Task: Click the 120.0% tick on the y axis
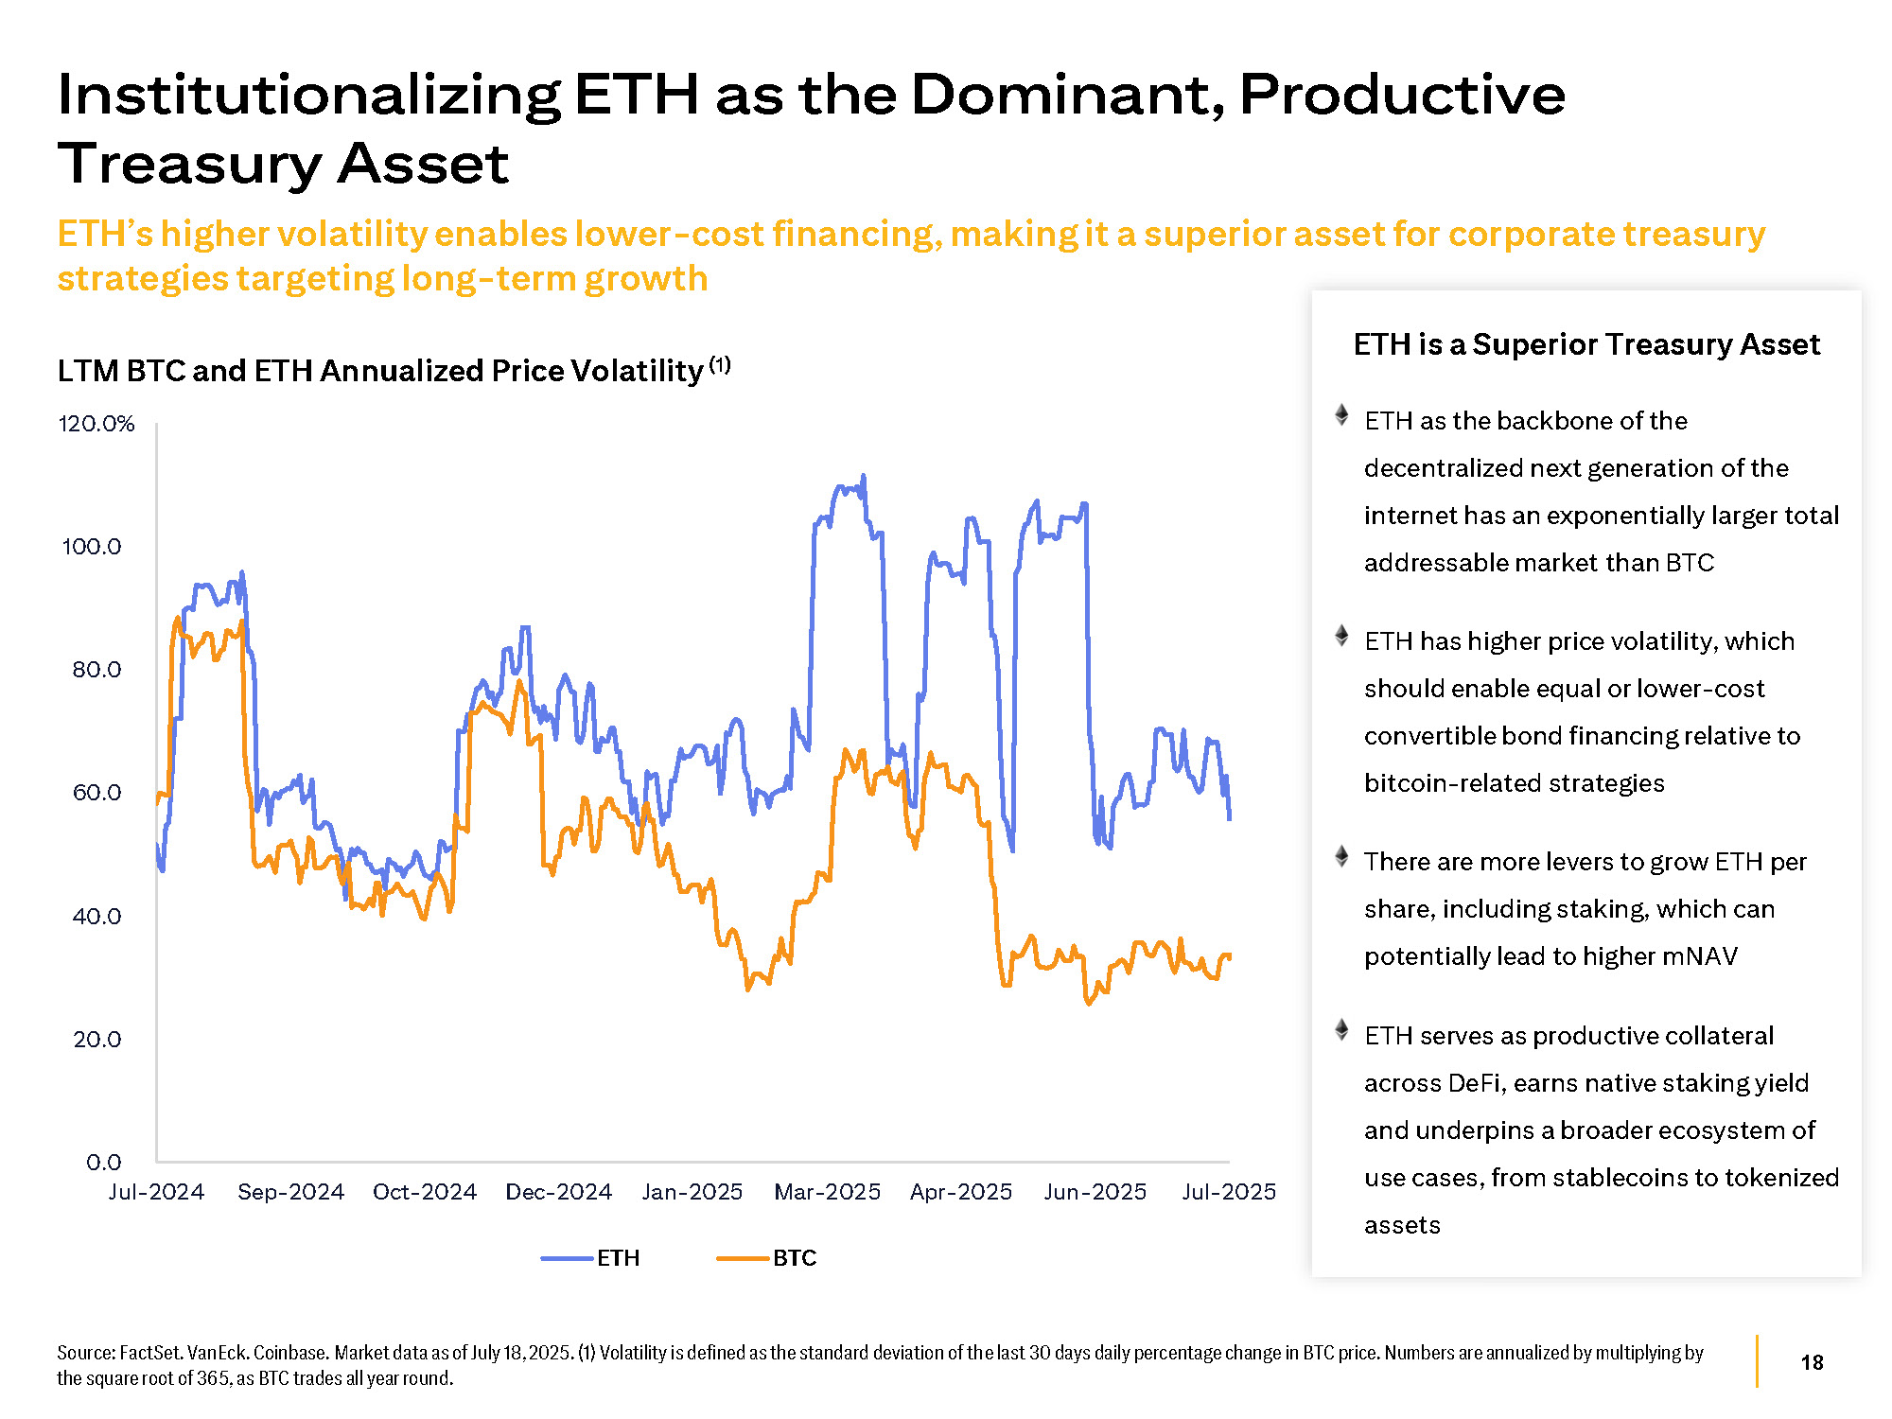(x=96, y=424)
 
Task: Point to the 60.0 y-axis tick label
(x=96, y=793)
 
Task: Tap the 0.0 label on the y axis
(x=103, y=1163)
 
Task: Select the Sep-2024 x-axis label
(x=290, y=1192)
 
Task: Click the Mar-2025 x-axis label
(x=827, y=1192)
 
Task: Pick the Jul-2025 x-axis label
(x=1228, y=1192)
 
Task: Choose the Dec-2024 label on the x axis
(x=558, y=1192)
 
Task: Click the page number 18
(x=1812, y=1362)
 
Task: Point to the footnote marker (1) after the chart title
(x=720, y=364)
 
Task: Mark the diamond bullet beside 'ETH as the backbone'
(x=1341, y=414)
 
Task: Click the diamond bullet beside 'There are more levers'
(x=1341, y=856)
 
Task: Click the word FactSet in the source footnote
(x=150, y=1353)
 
